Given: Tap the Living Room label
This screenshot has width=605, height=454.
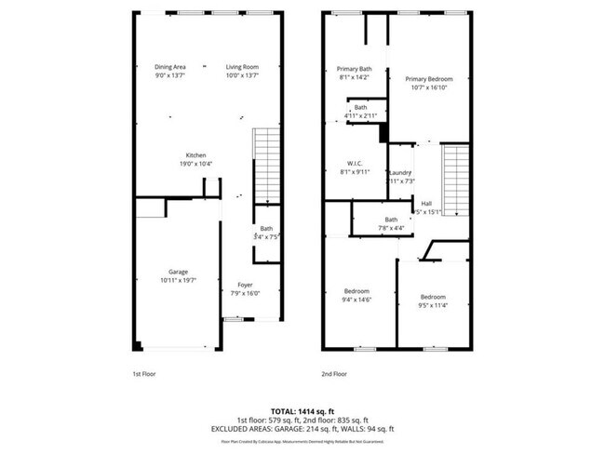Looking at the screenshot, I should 242,67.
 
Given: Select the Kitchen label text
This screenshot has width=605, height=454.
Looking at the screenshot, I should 195,155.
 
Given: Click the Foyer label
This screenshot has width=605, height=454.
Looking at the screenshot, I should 245,285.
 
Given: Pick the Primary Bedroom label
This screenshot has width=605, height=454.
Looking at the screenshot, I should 427,79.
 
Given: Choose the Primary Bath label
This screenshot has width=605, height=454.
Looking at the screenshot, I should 355,70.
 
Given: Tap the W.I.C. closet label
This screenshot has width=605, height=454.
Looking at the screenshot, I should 355,164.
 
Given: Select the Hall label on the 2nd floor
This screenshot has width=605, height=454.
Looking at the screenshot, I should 426,203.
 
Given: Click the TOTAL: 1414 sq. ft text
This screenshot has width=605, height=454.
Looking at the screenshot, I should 302,410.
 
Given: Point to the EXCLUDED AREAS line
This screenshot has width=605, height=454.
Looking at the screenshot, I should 302,428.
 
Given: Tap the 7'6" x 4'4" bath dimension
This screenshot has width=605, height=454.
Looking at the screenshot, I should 378,228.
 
